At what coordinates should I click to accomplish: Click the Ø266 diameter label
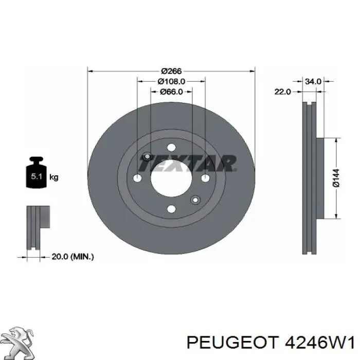coord(171,71)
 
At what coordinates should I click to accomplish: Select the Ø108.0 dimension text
coord(171,81)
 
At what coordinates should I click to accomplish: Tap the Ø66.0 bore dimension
coord(171,92)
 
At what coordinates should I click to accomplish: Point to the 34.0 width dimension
coord(313,81)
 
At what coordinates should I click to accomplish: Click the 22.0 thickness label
coord(283,92)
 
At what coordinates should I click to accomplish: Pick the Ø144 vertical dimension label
coord(336,178)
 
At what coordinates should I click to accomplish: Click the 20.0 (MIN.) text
coord(73,257)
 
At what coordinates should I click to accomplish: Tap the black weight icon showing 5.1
coord(37,172)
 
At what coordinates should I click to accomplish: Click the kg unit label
coord(53,177)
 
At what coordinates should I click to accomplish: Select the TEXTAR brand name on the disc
coord(188,163)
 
